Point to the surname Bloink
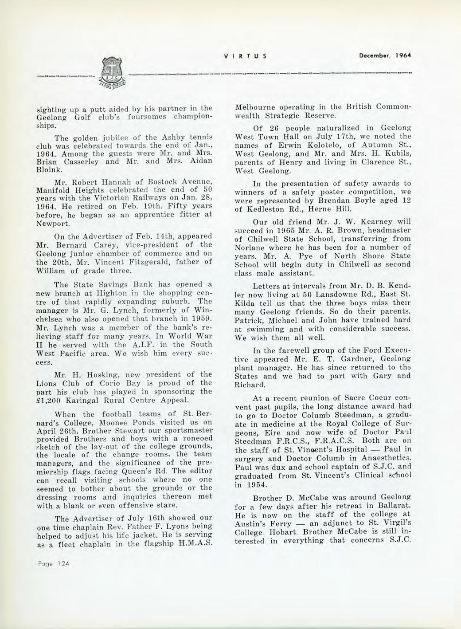[x=48, y=169]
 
